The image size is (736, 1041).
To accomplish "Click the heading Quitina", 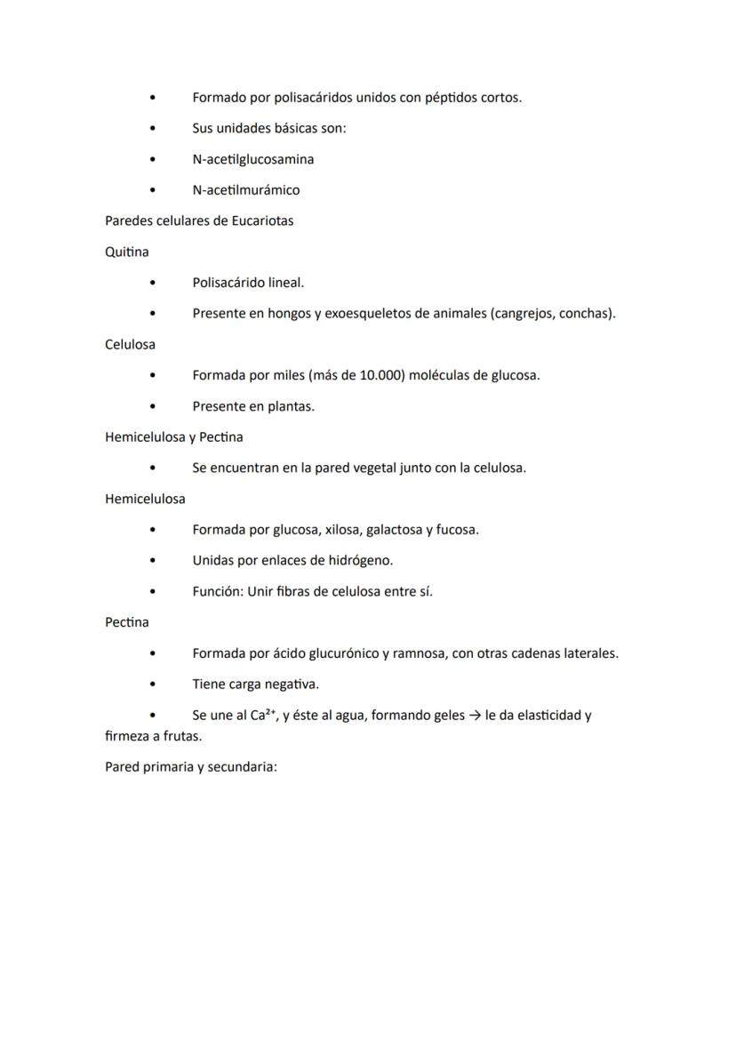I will click(127, 252).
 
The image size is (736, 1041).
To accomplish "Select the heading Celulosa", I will click(130, 344).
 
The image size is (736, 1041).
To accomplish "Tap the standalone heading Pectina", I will click(127, 622).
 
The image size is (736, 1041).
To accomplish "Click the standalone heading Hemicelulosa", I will click(145, 499).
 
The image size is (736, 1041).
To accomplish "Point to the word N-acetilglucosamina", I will click(252, 159).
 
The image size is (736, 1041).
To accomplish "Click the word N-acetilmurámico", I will click(245, 190).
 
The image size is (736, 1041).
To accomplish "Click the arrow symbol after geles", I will click(475, 716).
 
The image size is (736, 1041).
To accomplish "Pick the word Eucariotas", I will click(262, 220).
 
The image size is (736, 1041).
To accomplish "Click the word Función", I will click(217, 591).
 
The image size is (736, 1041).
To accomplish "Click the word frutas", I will click(182, 737).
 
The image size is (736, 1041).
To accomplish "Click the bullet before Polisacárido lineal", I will click(153, 283).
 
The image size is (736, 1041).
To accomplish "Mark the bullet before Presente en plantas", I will click(153, 406).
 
